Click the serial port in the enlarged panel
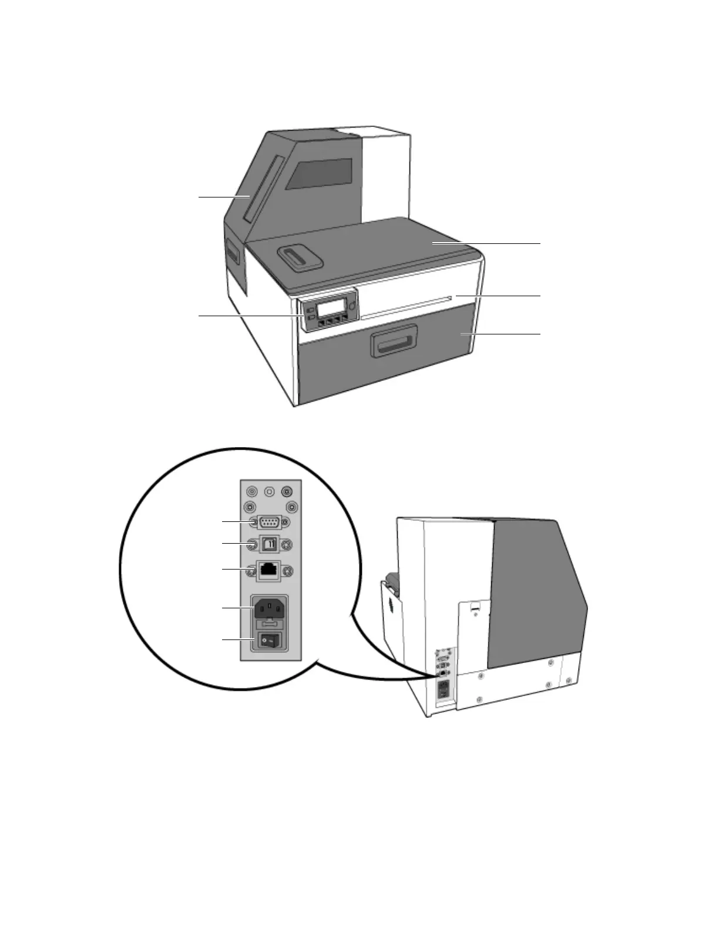(270, 521)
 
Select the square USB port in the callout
(270, 545)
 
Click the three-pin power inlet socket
(270, 608)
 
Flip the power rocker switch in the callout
(270, 641)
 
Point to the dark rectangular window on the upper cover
(323, 174)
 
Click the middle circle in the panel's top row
(270, 491)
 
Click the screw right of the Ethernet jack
(287, 571)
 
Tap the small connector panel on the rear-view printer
(444, 676)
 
